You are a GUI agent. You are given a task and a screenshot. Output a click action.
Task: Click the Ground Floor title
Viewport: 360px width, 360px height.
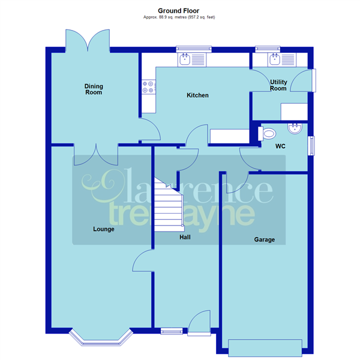point(179,10)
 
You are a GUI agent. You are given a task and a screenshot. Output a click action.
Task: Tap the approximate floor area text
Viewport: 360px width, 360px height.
point(179,17)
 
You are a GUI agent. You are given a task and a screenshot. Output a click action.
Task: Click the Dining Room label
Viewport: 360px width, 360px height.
point(93,89)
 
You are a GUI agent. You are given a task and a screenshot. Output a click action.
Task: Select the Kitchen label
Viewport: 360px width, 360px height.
point(197,95)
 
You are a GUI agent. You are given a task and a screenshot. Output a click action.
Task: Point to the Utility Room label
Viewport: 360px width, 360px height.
point(278,85)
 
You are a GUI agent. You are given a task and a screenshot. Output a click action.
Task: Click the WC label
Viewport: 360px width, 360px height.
point(280,146)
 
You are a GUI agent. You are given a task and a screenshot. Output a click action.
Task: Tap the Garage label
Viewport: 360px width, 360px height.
point(264,239)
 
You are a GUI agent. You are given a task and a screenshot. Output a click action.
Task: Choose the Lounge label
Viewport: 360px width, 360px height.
point(104,229)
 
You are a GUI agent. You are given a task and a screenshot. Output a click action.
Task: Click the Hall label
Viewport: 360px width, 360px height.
point(186,238)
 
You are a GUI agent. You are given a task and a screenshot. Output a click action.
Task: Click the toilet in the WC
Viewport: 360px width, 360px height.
point(269,134)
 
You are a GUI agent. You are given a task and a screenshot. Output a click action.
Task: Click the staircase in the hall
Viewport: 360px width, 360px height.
point(168,208)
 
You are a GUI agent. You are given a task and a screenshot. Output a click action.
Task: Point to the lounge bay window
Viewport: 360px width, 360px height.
point(100,339)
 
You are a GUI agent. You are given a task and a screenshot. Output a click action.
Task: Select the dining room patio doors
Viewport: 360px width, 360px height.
point(88,40)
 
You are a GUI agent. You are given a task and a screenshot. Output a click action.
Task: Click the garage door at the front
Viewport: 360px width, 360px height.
point(264,346)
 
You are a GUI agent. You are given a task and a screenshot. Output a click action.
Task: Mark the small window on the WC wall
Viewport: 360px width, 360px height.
point(311,146)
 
